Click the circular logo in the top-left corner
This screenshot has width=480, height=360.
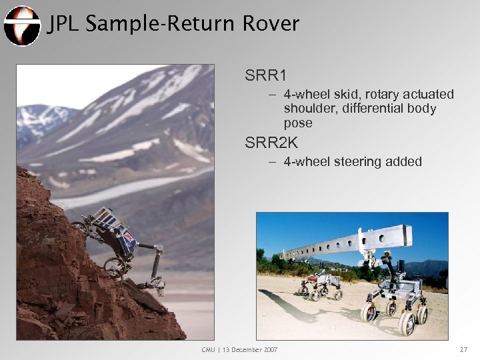coord(21,25)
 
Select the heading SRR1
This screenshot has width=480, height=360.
coord(264,75)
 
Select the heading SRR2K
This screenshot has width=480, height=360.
coord(271,142)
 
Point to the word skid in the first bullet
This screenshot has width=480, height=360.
coord(341,95)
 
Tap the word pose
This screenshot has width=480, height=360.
coord(297,123)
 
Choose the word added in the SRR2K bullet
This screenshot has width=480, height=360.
coord(402,161)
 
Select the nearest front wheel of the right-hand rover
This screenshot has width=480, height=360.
coord(406,325)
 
